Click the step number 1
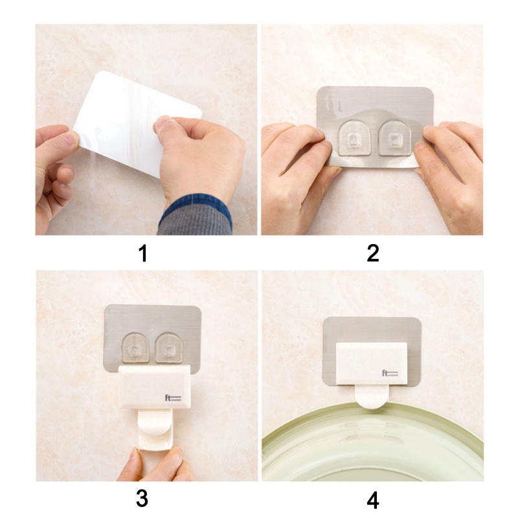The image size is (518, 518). [143, 253]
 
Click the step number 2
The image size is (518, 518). [372, 253]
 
